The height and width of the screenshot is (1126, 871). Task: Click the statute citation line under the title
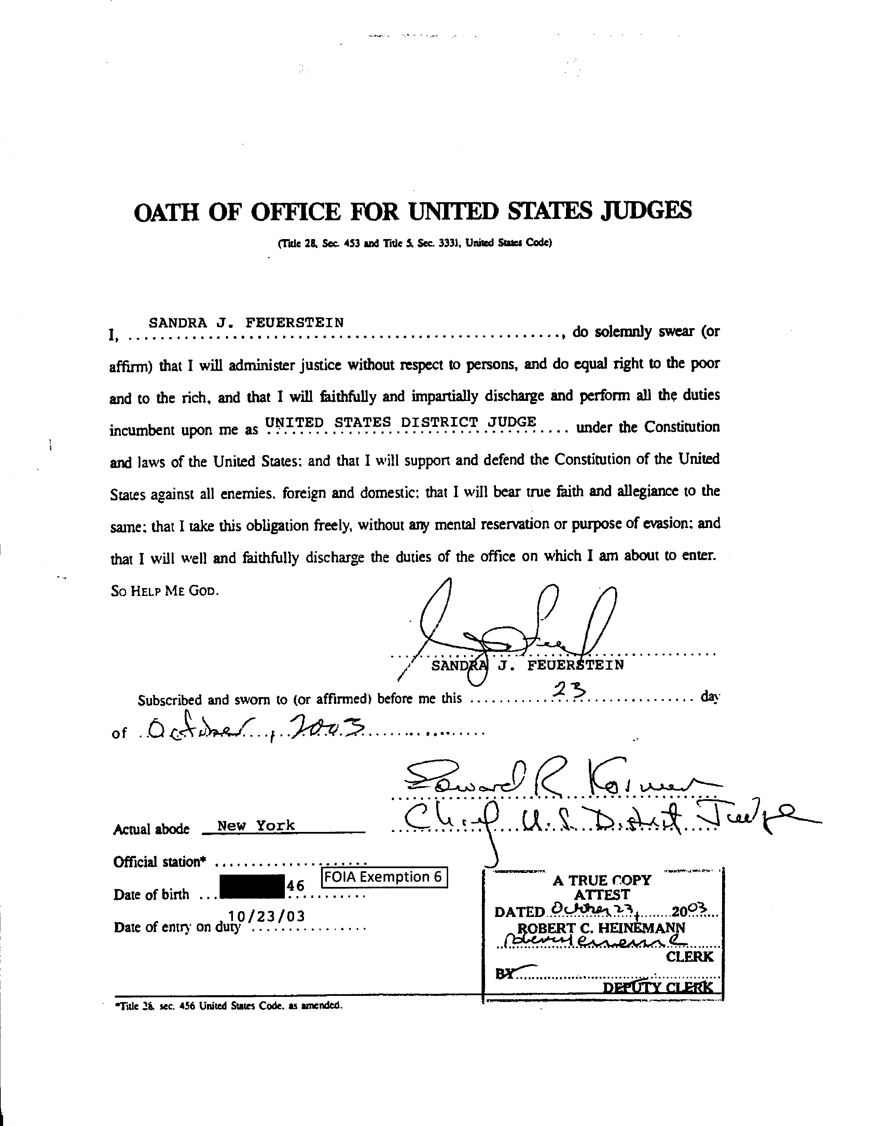415,243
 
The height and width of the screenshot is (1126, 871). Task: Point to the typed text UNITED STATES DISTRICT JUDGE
400,422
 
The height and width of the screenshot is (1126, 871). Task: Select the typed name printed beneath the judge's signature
527,666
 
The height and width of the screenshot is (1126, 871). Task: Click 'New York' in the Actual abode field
256,825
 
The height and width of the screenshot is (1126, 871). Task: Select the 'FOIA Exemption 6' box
384,877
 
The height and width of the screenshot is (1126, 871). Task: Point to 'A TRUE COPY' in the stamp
602,880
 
